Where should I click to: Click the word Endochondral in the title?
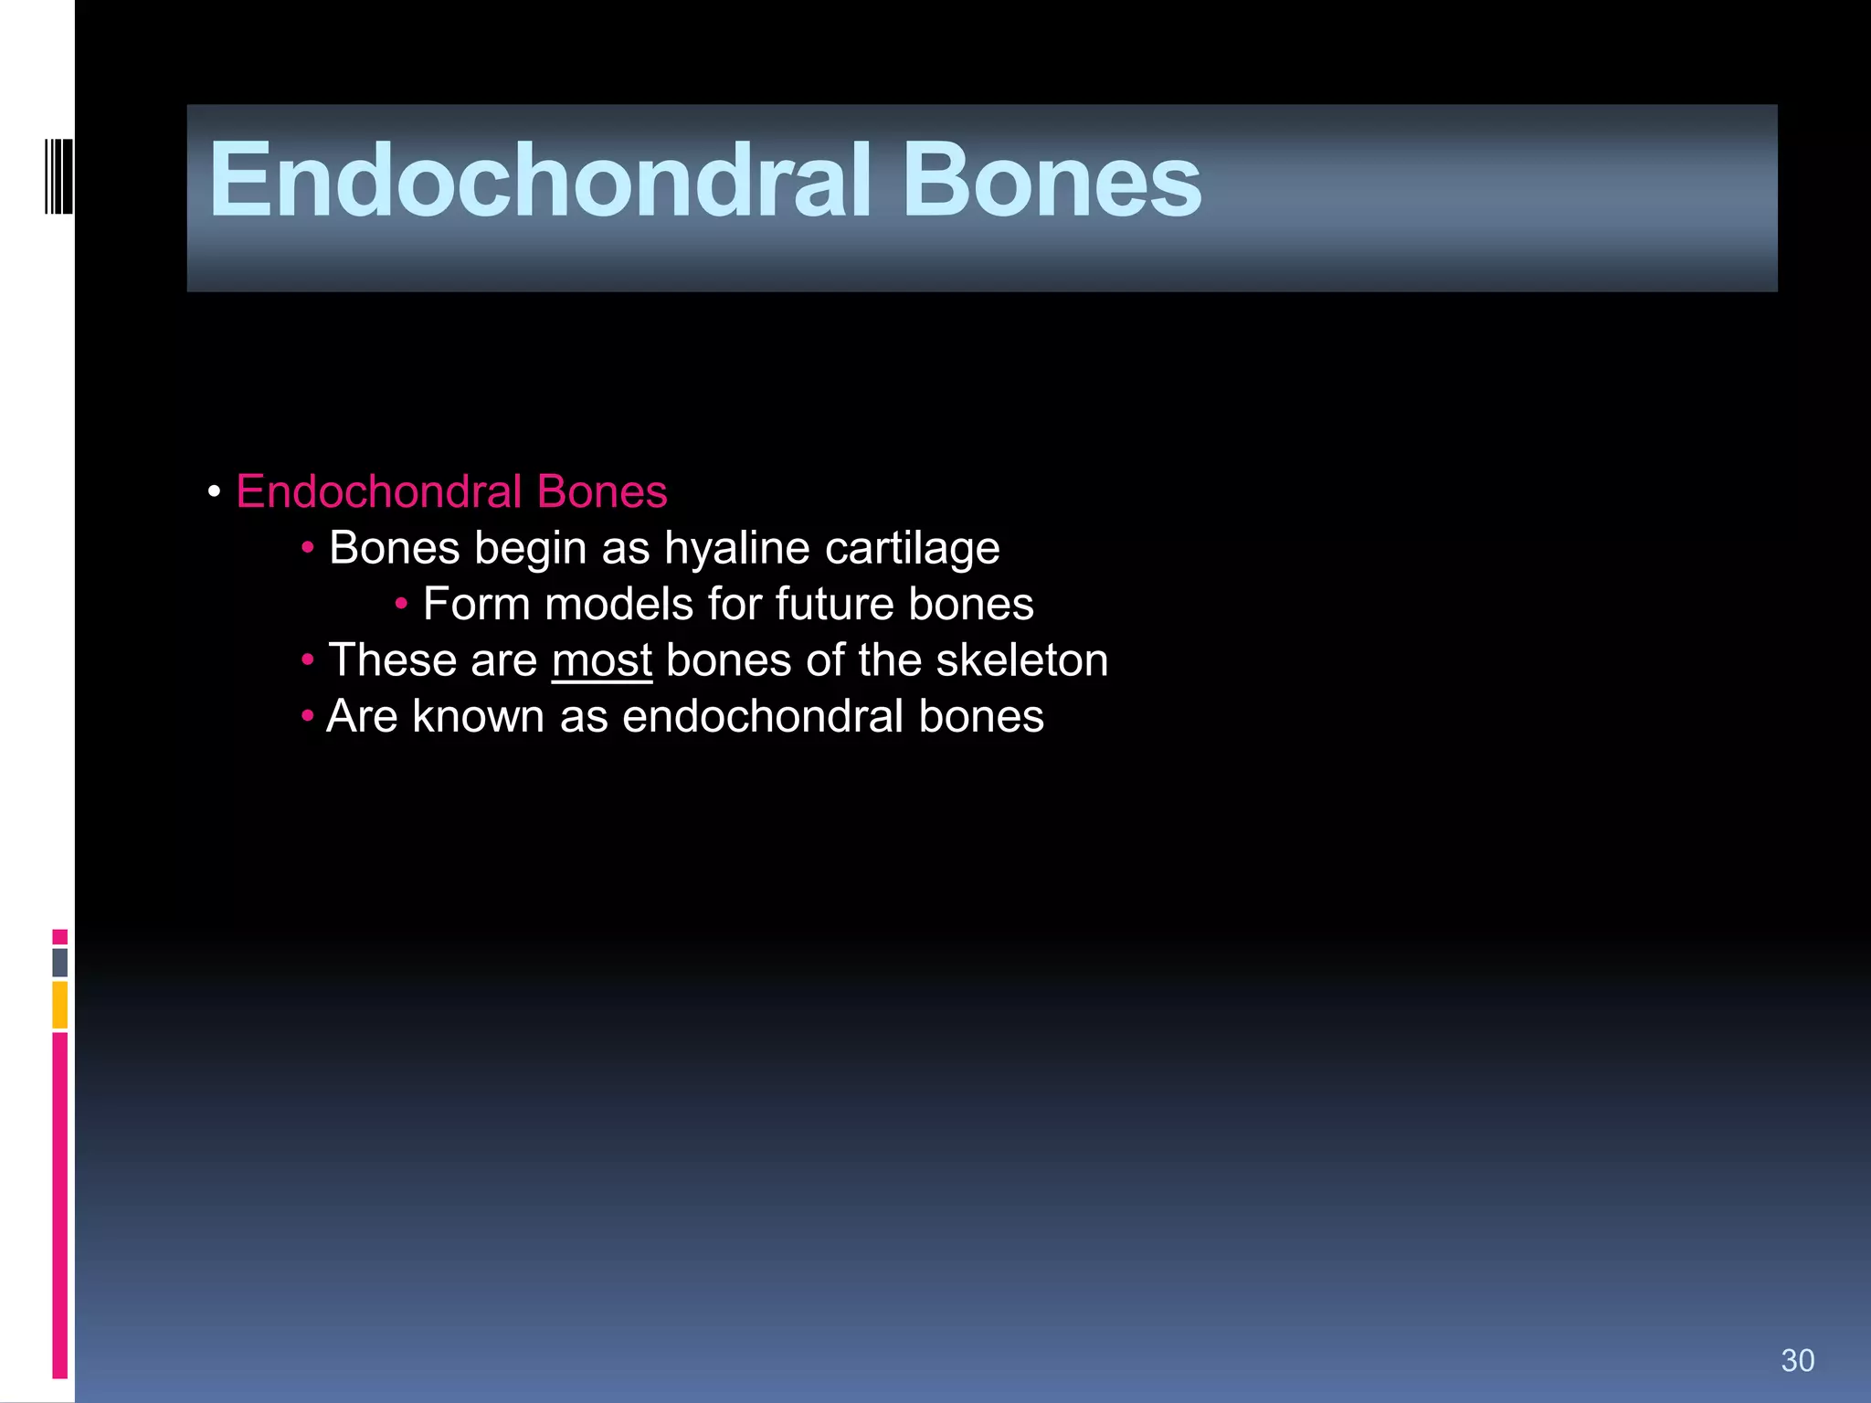tap(539, 181)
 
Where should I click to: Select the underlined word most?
tap(601, 660)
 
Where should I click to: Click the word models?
tap(618, 605)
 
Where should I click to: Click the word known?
tap(478, 716)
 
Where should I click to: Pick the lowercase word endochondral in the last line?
tap(763, 716)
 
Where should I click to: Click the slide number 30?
tap(1797, 1360)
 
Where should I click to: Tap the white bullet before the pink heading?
tap(214, 492)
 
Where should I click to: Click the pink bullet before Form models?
tap(400, 603)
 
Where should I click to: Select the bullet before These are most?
tap(307, 659)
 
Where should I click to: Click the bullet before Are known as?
tap(307, 715)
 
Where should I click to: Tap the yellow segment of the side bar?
tap(59, 1005)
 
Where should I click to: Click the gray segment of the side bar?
tap(59, 962)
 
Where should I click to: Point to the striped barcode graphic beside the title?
tap(59, 175)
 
